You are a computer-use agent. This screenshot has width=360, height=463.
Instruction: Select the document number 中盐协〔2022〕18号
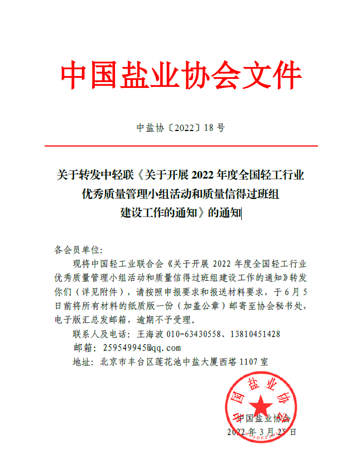(181, 128)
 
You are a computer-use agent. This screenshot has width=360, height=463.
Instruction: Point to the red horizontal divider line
(180, 146)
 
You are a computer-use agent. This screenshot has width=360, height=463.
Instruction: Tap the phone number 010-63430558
(193, 334)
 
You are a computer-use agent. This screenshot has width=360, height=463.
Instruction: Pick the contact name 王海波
(149, 334)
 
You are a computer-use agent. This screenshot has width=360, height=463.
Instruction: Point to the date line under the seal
(261, 431)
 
